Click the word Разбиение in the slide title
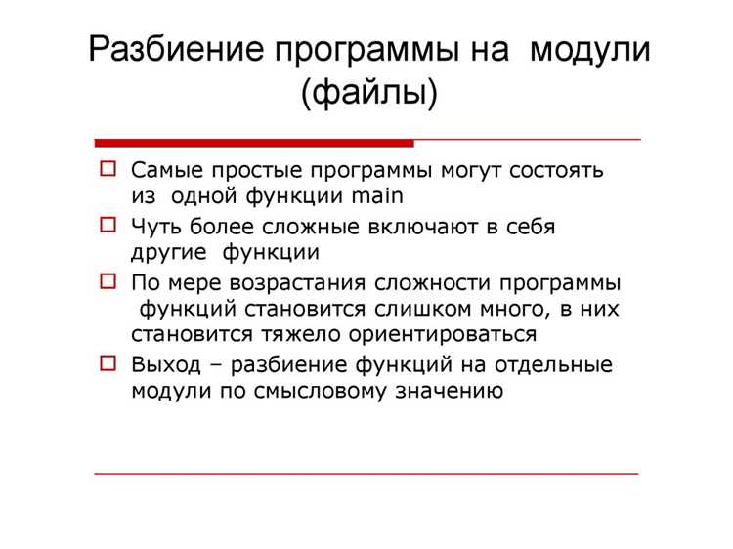(x=176, y=49)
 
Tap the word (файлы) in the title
(x=369, y=93)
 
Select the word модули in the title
(x=590, y=50)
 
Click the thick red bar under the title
(x=254, y=143)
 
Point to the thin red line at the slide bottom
(x=366, y=474)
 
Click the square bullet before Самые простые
(x=108, y=169)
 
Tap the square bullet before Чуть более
(x=108, y=226)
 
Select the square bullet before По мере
(x=108, y=281)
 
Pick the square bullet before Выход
(x=108, y=363)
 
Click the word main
(x=377, y=195)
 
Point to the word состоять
(x=556, y=170)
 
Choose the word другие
(x=169, y=253)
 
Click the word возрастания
(x=297, y=283)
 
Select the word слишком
(x=423, y=309)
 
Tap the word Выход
(x=166, y=365)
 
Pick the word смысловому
(x=321, y=391)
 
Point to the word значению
(x=450, y=391)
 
